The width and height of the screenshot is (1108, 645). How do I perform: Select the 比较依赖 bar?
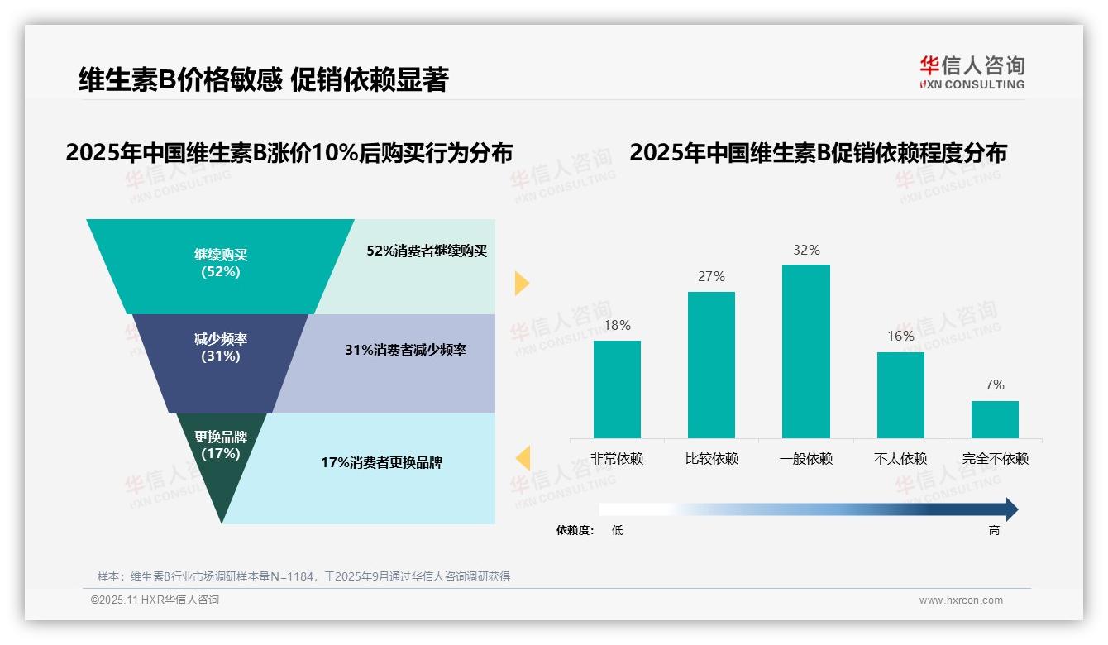click(x=711, y=365)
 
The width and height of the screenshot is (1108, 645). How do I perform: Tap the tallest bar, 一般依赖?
click(x=805, y=351)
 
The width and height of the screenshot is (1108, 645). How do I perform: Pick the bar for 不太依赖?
click(x=900, y=394)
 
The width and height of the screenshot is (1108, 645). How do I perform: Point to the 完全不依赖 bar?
click(x=995, y=419)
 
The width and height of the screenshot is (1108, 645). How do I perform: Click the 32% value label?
click(x=806, y=250)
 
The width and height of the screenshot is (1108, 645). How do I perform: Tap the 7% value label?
click(x=995, y=385)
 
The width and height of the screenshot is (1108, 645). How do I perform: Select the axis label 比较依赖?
click(x=711, y=459)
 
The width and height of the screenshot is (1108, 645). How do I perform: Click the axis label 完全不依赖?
click(x=995, y=459)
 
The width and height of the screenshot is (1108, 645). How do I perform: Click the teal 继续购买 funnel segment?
click(x=220, y=265)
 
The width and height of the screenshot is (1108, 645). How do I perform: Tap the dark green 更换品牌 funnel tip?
click(x=221, y=463)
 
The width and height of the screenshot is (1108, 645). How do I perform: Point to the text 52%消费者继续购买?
click(x=427, y=251)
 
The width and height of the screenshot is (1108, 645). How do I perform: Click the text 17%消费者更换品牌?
click(x=381, y=463)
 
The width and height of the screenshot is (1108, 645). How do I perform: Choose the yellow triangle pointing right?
click(x=521, y=283)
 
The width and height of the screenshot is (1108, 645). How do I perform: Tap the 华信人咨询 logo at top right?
click(x=972, y=72)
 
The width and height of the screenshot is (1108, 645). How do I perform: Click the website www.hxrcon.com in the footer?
click(x=961, y=600)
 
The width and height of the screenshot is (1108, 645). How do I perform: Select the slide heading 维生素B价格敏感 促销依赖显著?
click(x=263, y=79)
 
